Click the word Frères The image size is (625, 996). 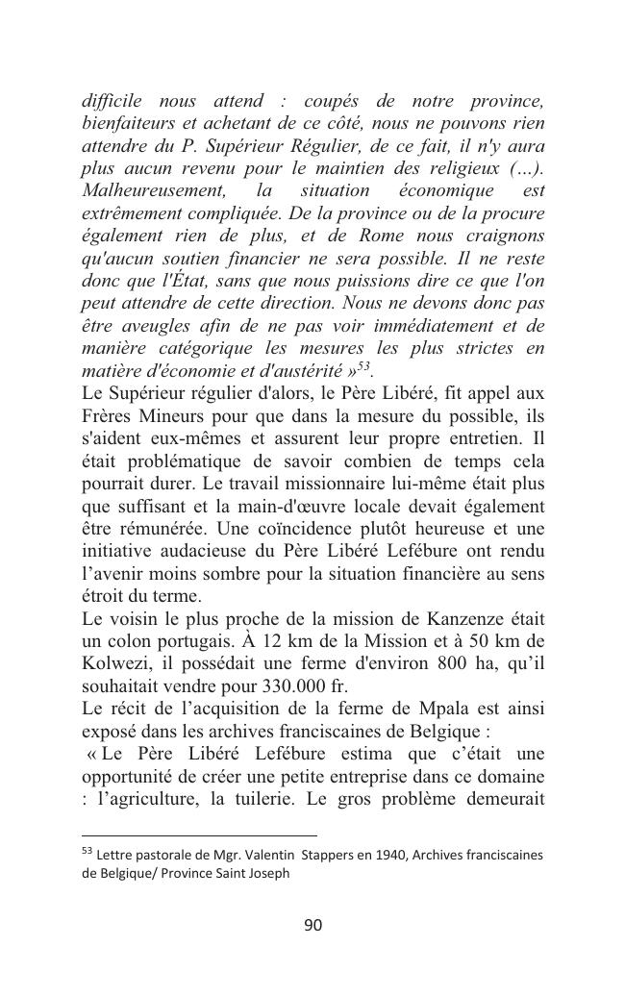[x=108, y=414]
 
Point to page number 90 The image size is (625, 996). [x=312, y=926]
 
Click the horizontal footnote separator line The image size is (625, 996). [x=199, y=836]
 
